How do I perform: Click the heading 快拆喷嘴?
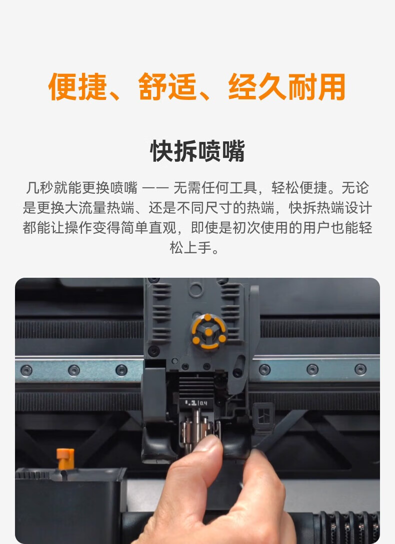(x=197, y=151)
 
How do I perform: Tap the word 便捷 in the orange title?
(x=77, y=87)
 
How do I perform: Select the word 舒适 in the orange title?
(x=167, y=87)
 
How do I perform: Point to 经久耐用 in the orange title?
(x=286, y=87)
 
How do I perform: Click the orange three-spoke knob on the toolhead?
(x=208, y=332)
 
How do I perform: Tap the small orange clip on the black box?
(x=65, y=459)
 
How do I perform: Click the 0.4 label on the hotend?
(x=203, y=403)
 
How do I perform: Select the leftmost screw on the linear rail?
(x=26, y=370)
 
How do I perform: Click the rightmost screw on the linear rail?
(x=360, y=369)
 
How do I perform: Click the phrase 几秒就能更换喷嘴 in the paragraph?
(x=81, y=188)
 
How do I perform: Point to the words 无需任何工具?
(x=215, y=188)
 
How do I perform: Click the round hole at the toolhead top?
(x=196, y=289)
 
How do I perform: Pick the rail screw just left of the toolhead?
(x=121, y=370)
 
